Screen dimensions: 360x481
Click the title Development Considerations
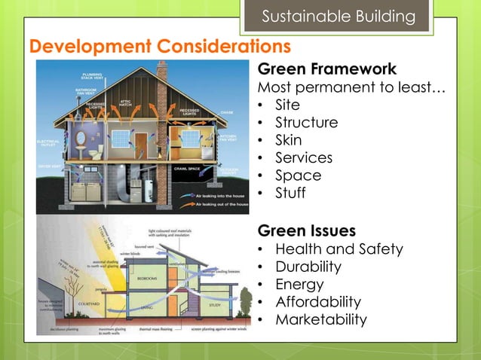coord(159,47)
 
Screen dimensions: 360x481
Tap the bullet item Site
coord(287,105)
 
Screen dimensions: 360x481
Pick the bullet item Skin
coord(288,140)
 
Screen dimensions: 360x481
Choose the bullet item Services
coord(303,157)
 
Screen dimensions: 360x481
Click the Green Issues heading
coord(306,229)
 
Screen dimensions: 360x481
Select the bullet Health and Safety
coord(339,249)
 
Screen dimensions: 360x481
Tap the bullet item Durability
coord(308,267)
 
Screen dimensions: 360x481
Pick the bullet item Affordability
coord(317,302)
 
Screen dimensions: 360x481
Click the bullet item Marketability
coord(320,319)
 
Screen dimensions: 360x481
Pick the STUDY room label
coord(215,305)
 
